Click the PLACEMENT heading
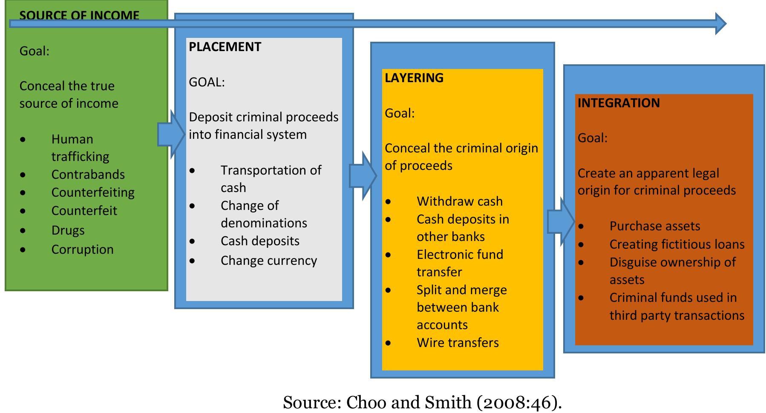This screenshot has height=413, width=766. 225,47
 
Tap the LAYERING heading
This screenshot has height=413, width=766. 414,78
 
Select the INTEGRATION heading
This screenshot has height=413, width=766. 619,103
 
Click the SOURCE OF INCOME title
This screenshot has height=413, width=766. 79,15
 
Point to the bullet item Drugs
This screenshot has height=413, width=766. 68,230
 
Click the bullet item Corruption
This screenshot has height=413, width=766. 83,250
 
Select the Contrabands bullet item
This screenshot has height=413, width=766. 88,175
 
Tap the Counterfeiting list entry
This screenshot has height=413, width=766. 93,192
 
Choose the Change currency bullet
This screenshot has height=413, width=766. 269,261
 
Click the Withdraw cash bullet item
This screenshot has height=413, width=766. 460,201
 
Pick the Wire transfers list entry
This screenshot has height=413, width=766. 458,343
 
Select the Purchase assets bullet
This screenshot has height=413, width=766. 655,226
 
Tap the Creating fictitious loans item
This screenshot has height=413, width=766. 677,244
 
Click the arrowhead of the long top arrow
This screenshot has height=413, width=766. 720,23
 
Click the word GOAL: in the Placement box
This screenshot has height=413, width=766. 207,82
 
